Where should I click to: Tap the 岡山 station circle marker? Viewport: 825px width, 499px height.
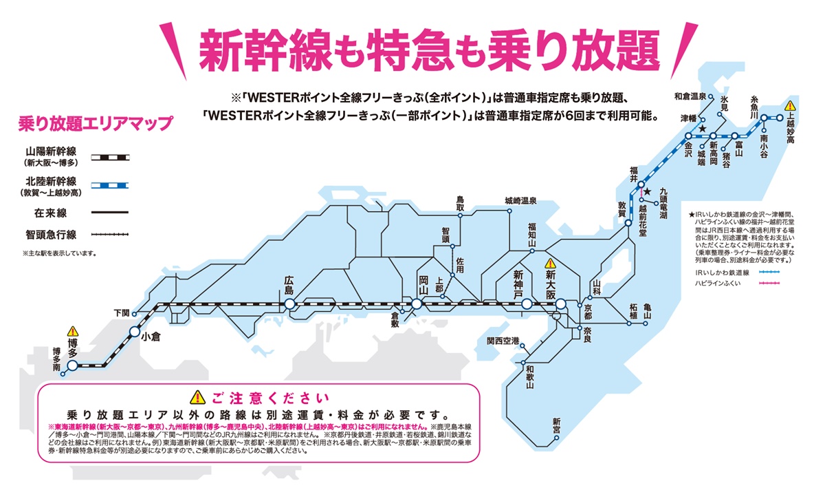pyautogui.click(x=417, y=304)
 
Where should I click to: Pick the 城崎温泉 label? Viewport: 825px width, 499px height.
pyautogui.click(x=520, y=201)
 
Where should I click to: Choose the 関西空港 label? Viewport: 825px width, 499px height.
pyautogui.click(x=503, y=341)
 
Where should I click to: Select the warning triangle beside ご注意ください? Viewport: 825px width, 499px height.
pyautogui.click(x=198, y=396)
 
